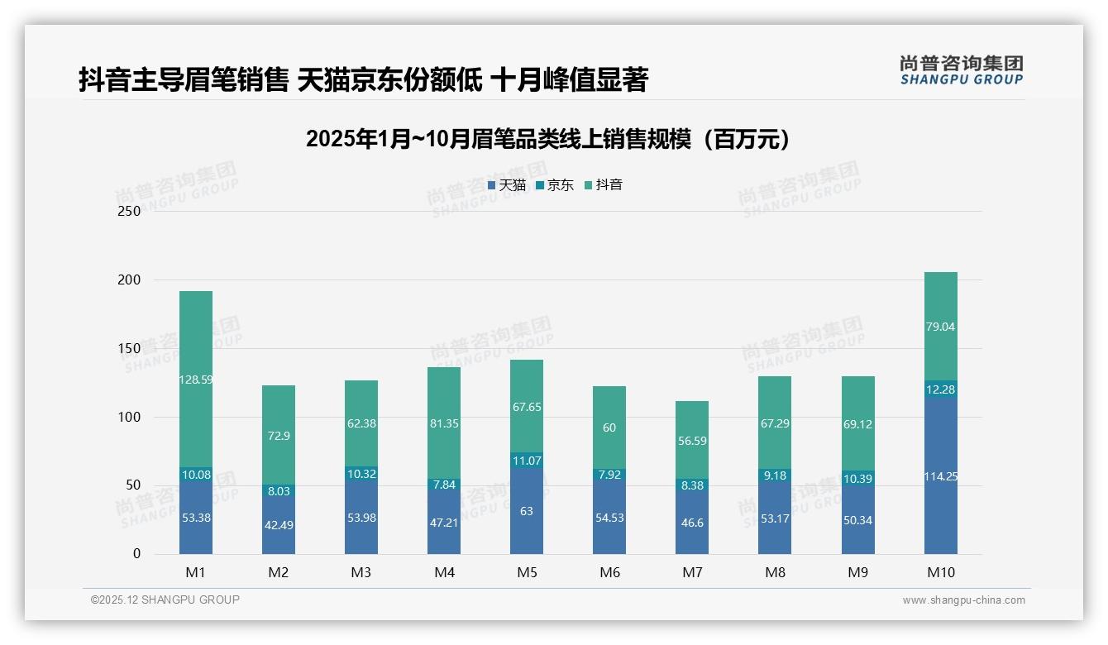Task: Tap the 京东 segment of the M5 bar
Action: pos(527,461)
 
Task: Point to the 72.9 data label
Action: pos(279,436)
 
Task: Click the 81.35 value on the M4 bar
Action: pos(444,423)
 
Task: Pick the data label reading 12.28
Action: pos(940,389)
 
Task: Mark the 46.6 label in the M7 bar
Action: pos(692,523)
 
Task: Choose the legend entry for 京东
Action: pos(555,185)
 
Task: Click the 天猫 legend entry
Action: pos(507,185)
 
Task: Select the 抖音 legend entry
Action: pos(604,185)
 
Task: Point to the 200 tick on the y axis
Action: pos(130,280)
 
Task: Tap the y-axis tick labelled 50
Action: pos(133,485)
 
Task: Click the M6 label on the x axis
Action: pos(609,572)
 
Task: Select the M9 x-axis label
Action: pos(857,572)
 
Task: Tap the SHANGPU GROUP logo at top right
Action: pos(962,69)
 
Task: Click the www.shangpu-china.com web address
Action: pos(963,600)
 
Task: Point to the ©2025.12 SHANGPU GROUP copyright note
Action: pos(165,600)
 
